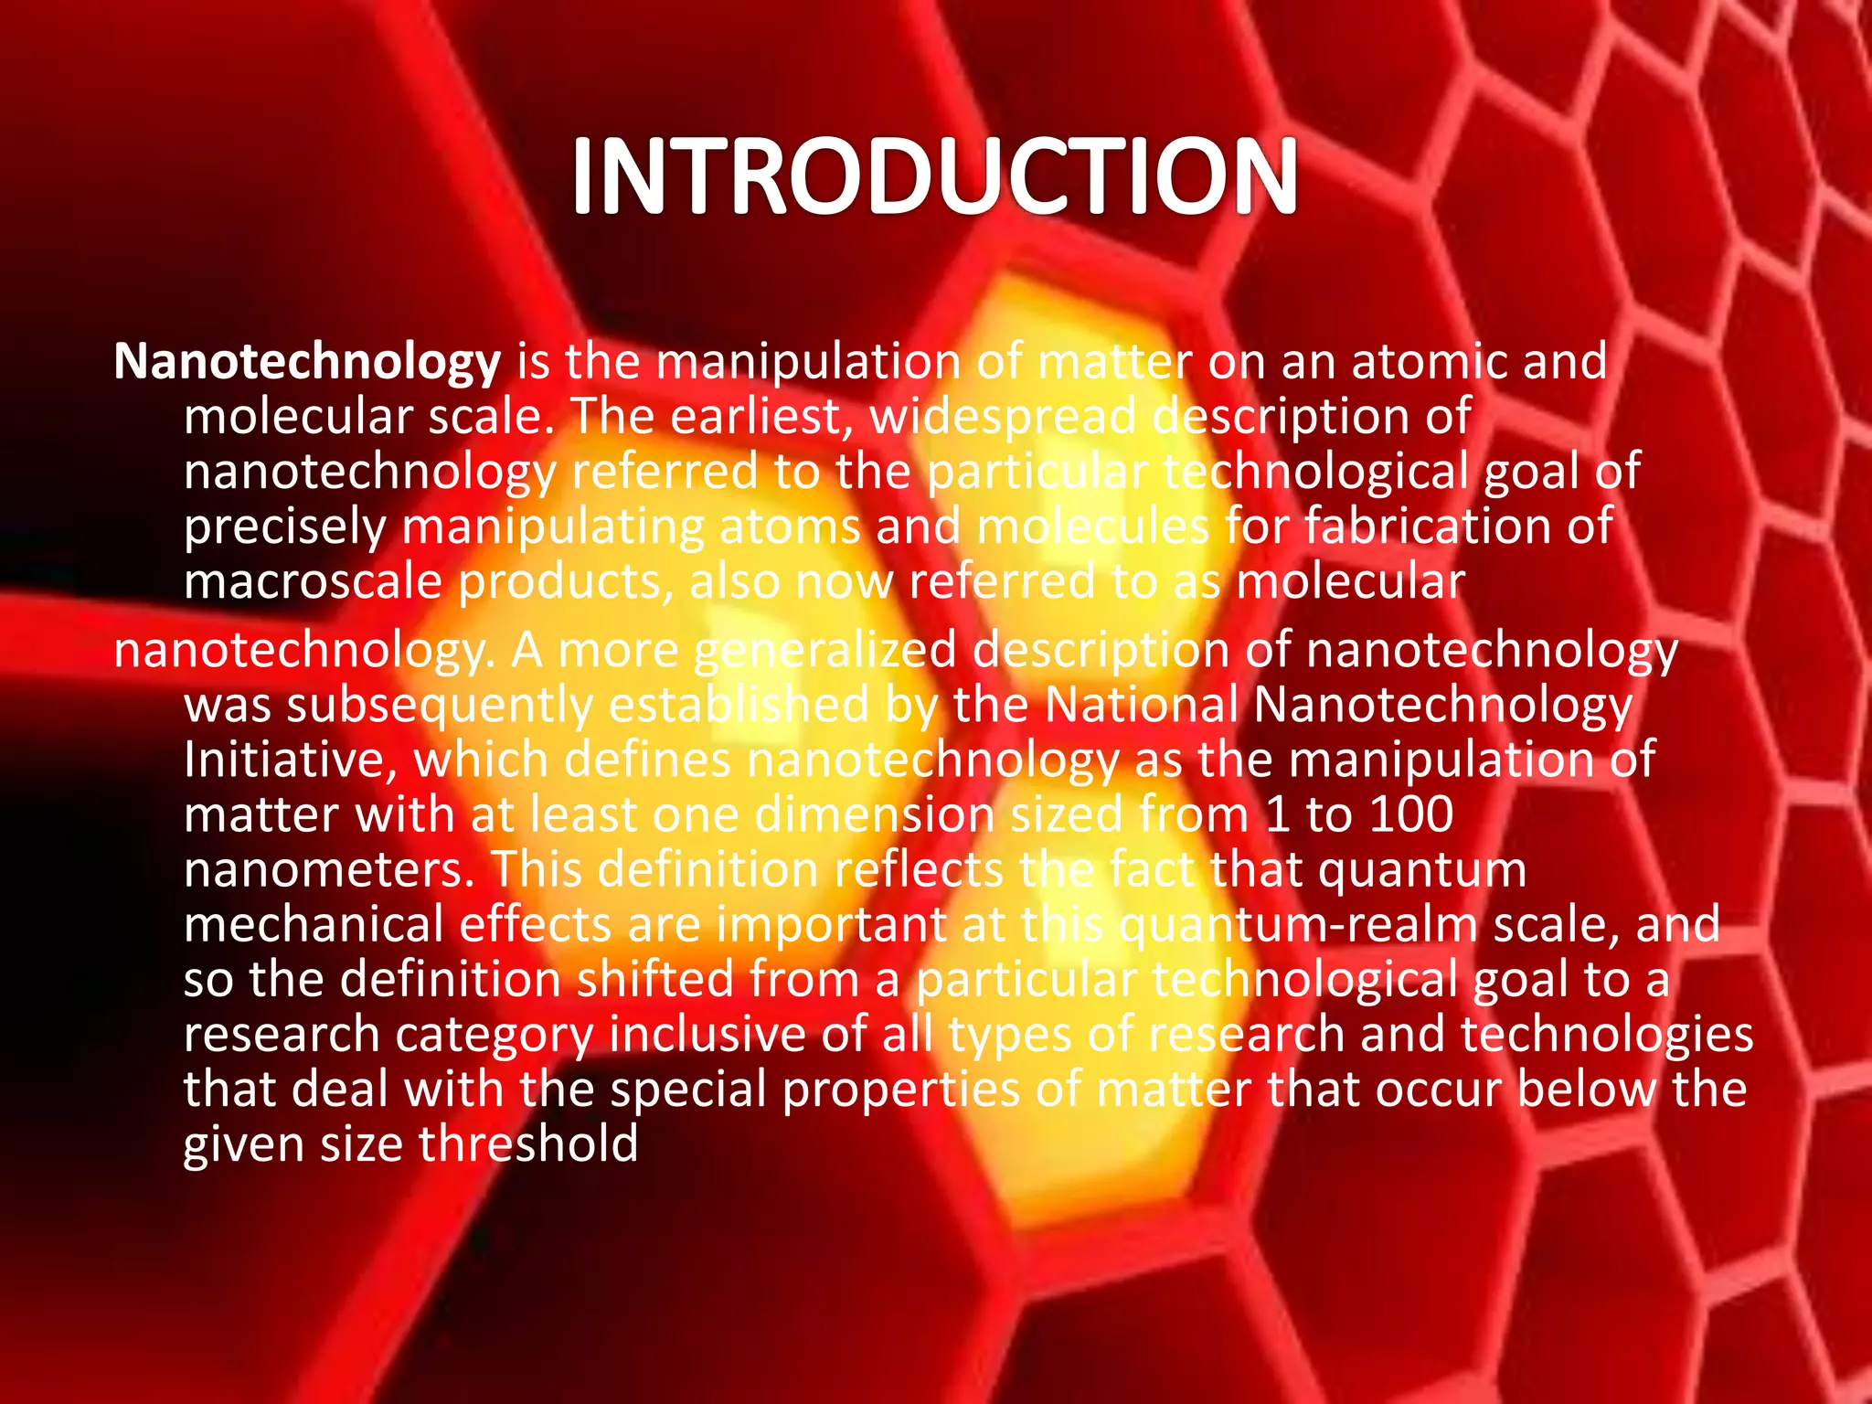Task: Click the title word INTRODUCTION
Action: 934,175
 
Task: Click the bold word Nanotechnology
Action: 307,362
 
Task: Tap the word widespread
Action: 1003,417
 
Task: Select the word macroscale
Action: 313,582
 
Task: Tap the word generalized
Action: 824,651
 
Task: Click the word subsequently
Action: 440,706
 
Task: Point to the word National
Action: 1142,705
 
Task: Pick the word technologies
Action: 1607,1035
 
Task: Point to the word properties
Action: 906,1090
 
